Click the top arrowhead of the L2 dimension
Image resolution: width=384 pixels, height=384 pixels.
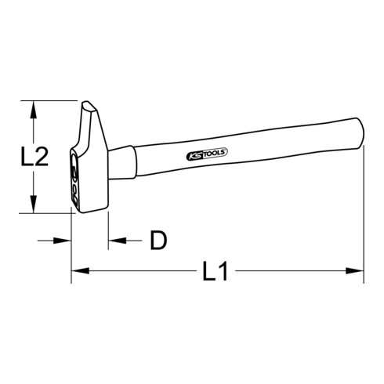tap(34, 107)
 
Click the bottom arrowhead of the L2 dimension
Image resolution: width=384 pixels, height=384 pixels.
tap(34, 207)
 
